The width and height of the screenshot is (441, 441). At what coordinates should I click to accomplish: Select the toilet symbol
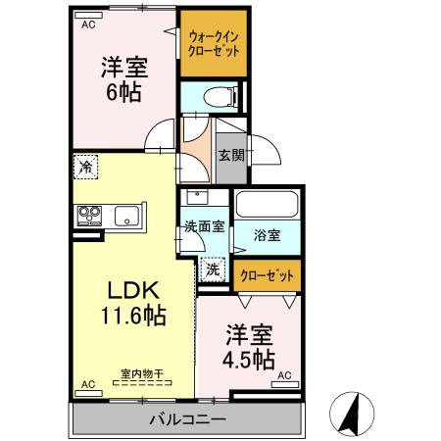coord(218,96)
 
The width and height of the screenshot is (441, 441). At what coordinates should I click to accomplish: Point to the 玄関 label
coord(231,154)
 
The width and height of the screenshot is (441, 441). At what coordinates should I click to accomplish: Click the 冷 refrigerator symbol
coord(85,168)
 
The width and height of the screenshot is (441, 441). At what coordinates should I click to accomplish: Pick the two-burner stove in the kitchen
coord(88,216)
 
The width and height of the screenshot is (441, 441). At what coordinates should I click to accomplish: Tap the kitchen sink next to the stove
coord(127,216)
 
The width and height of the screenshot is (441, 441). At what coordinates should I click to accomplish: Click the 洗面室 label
coord(204,225)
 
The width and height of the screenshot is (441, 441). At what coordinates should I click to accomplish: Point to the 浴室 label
coord(267,235)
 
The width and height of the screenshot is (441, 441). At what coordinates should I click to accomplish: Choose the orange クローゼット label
coord(267,276)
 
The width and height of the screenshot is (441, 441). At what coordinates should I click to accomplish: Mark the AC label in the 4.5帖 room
coord(285,375)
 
